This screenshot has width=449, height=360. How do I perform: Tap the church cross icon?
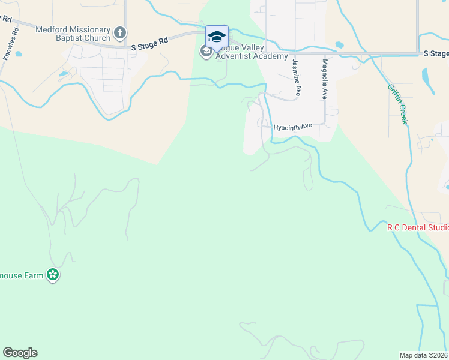(120, 32)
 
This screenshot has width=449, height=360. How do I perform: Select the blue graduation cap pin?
(217, 37)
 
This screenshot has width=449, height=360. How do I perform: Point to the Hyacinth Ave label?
(293, 127)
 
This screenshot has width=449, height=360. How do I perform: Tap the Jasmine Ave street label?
(295, 77)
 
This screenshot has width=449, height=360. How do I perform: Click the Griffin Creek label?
(397, 103)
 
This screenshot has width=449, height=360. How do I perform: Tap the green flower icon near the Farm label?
(53, 275)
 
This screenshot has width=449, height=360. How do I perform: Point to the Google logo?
(20, 353)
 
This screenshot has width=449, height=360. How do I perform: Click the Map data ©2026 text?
(424, 355)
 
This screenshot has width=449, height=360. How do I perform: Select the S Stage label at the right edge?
(436, 53)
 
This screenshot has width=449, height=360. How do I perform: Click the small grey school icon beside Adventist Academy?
(205, 52)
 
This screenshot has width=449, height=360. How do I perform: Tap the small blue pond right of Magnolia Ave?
(340, 44)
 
